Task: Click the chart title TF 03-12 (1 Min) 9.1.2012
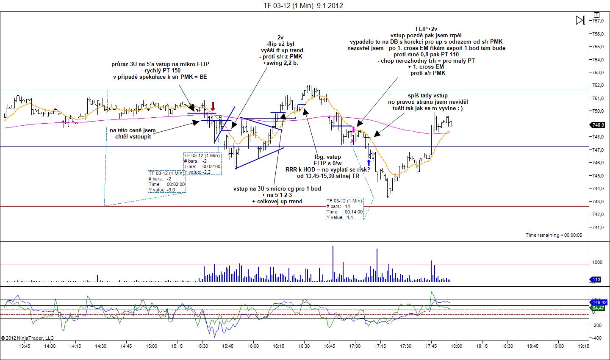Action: coord(303,6)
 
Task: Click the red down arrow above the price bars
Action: coord(213,106)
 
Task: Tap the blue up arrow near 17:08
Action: coord(369,163)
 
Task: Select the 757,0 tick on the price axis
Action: coord(597,21)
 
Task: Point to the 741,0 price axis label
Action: coord(597,227)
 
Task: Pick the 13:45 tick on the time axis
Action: coord(25,346)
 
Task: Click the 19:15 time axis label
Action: coord(583,346)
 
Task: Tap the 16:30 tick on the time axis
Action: coord(304,346)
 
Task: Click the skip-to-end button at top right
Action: coord(580,20)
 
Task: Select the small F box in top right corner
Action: coord(596,14)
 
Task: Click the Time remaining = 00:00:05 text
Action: coord(554,235)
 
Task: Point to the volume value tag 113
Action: coord(596,280)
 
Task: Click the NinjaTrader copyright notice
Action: coord(28,338)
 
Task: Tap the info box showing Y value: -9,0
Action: coord(166,182)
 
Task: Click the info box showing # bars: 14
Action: coord(344,209)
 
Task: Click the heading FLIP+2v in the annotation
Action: coord(426,29)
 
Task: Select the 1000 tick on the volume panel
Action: coord(597,262)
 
